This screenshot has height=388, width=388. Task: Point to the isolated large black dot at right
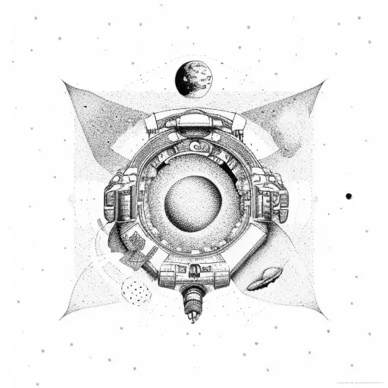click(x=349, y=196)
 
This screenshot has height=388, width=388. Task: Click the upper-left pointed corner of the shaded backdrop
click(x=64, y=83)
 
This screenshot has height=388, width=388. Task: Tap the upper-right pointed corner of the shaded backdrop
click(x=324, y=83)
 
